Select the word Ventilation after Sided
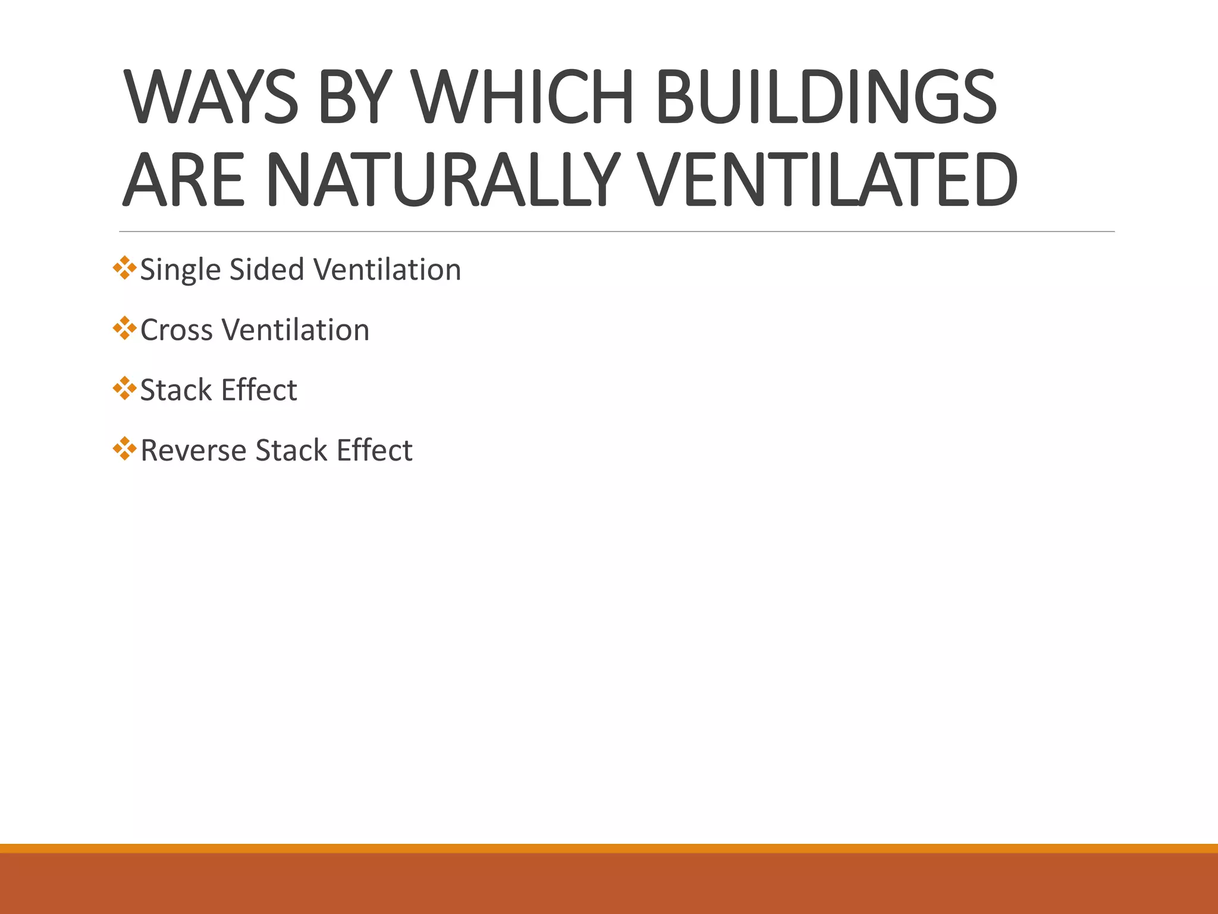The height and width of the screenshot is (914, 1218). click(x=387, y=269)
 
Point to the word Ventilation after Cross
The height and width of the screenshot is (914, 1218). click(x=296, y=330)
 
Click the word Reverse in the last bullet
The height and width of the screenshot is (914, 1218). click(x=193, y=450)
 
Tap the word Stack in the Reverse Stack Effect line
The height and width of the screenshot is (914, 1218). click(x=291, y=450)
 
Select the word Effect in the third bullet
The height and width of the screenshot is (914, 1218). click(x=259, y=390)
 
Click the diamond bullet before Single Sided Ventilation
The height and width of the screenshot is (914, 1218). click(x=124, y=268)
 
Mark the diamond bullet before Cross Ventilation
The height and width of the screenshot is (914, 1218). click(x=124, y=328)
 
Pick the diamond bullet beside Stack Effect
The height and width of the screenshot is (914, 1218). click(x=124, y=389)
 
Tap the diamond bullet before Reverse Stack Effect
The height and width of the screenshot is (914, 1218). click(x=124, y=449)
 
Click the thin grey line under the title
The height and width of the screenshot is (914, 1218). click(x=616, y=231)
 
